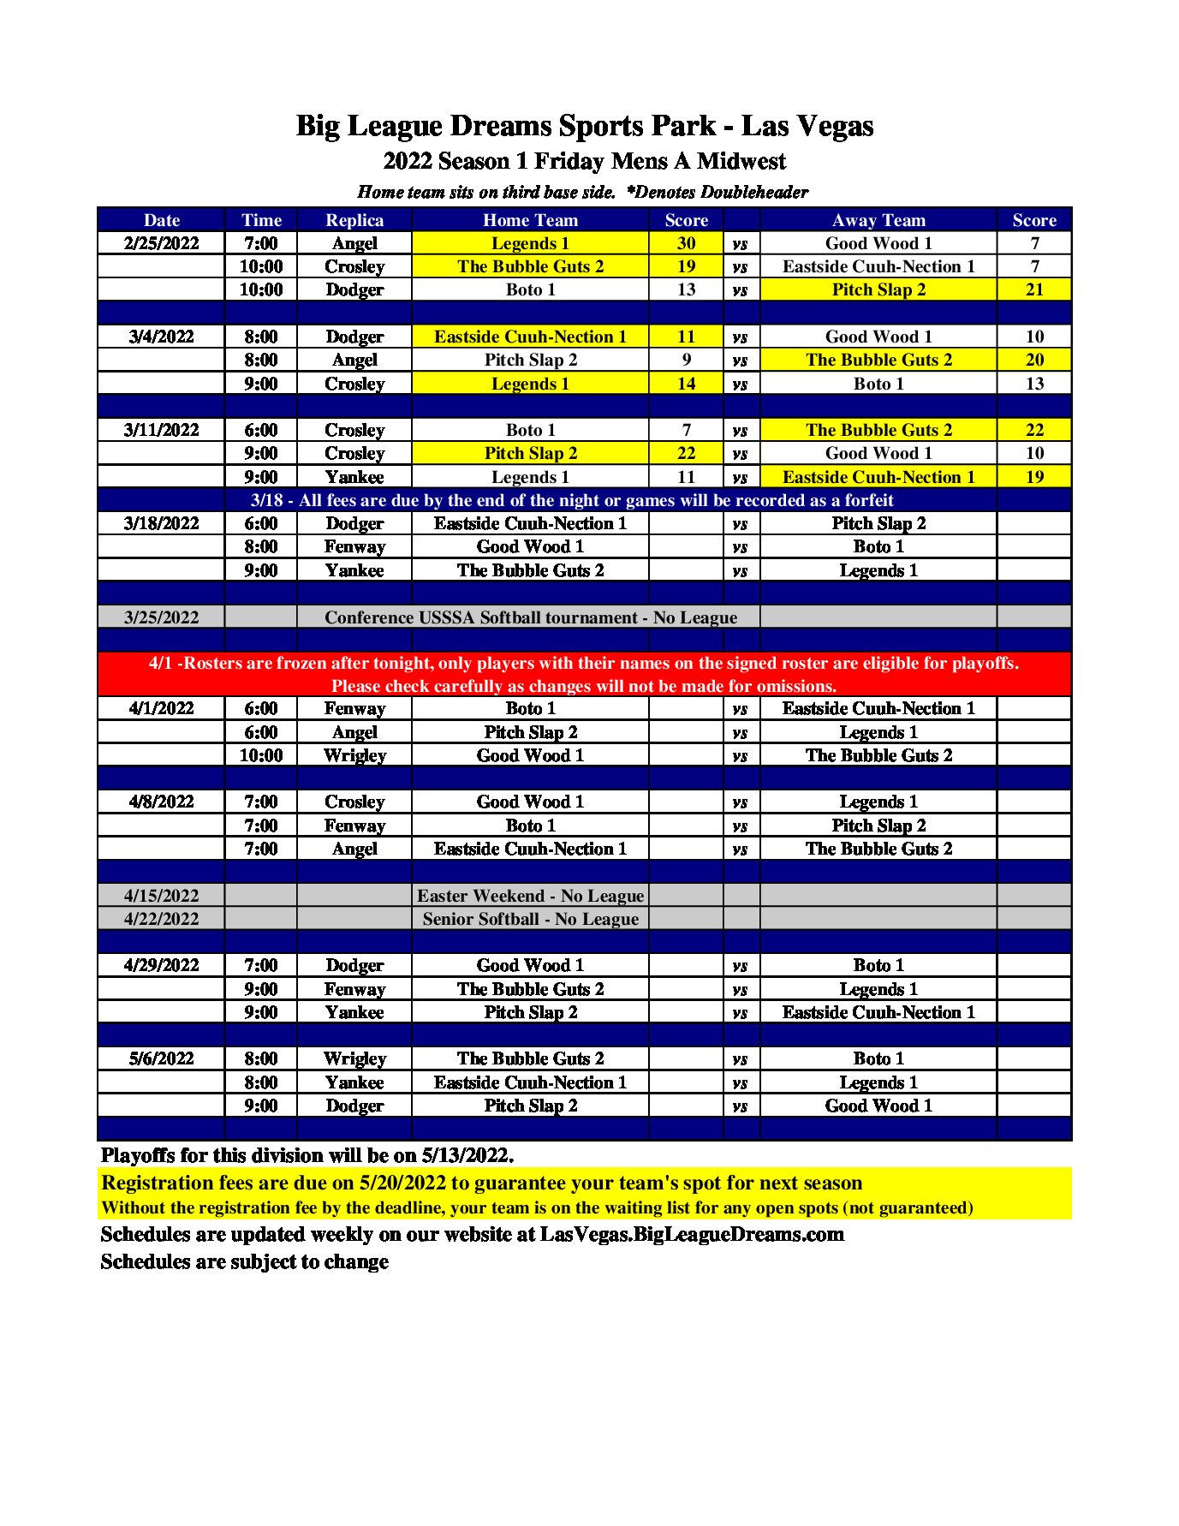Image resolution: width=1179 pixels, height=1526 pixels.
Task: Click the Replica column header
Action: click(354, 220)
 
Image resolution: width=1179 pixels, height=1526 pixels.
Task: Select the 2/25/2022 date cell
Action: click(161, 243)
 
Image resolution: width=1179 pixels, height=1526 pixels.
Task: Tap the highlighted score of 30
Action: click(686, 243)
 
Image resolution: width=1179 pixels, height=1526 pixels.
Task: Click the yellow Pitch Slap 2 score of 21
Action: click(1033, 289)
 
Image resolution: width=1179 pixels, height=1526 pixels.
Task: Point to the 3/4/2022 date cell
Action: click(161, 337)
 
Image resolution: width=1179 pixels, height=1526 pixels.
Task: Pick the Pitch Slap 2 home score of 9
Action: click(686, 360)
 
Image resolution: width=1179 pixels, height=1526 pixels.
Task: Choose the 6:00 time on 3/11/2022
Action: click(260, 430)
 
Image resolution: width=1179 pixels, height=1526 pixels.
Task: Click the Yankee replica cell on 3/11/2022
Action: click(354, 477)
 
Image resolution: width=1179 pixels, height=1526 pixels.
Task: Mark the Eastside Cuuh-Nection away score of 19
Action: click(1033, 477)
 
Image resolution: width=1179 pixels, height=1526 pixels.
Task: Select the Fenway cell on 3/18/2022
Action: click(354, 546)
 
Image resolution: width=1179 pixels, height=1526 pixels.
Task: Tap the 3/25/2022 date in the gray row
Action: click(161, 617)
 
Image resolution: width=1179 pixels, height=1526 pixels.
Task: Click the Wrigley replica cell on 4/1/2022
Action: click(354, 755)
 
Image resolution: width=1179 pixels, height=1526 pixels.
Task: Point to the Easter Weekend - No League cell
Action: click(530, 896)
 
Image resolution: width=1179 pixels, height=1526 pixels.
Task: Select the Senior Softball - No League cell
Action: click(530, 919)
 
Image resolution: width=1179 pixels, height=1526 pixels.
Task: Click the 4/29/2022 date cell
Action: click(161, 965)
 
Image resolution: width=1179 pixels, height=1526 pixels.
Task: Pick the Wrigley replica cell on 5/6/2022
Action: click(354, 1058)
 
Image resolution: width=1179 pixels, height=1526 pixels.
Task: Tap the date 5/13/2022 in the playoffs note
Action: click(467, 1155)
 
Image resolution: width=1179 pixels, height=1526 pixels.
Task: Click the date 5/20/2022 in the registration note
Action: click(402, 1183)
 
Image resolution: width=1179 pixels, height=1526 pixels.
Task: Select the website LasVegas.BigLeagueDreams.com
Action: click(692, 1234)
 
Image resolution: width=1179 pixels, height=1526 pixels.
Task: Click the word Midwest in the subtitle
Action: click(741, 161)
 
